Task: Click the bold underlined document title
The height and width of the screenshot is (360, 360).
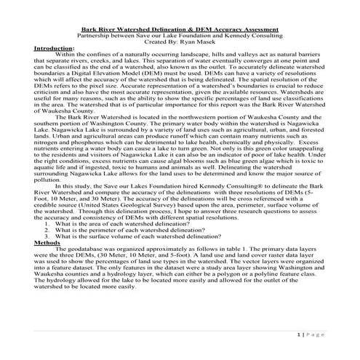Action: tap(180, 28)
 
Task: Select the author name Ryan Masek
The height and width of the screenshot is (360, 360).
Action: tap(192, 41)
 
